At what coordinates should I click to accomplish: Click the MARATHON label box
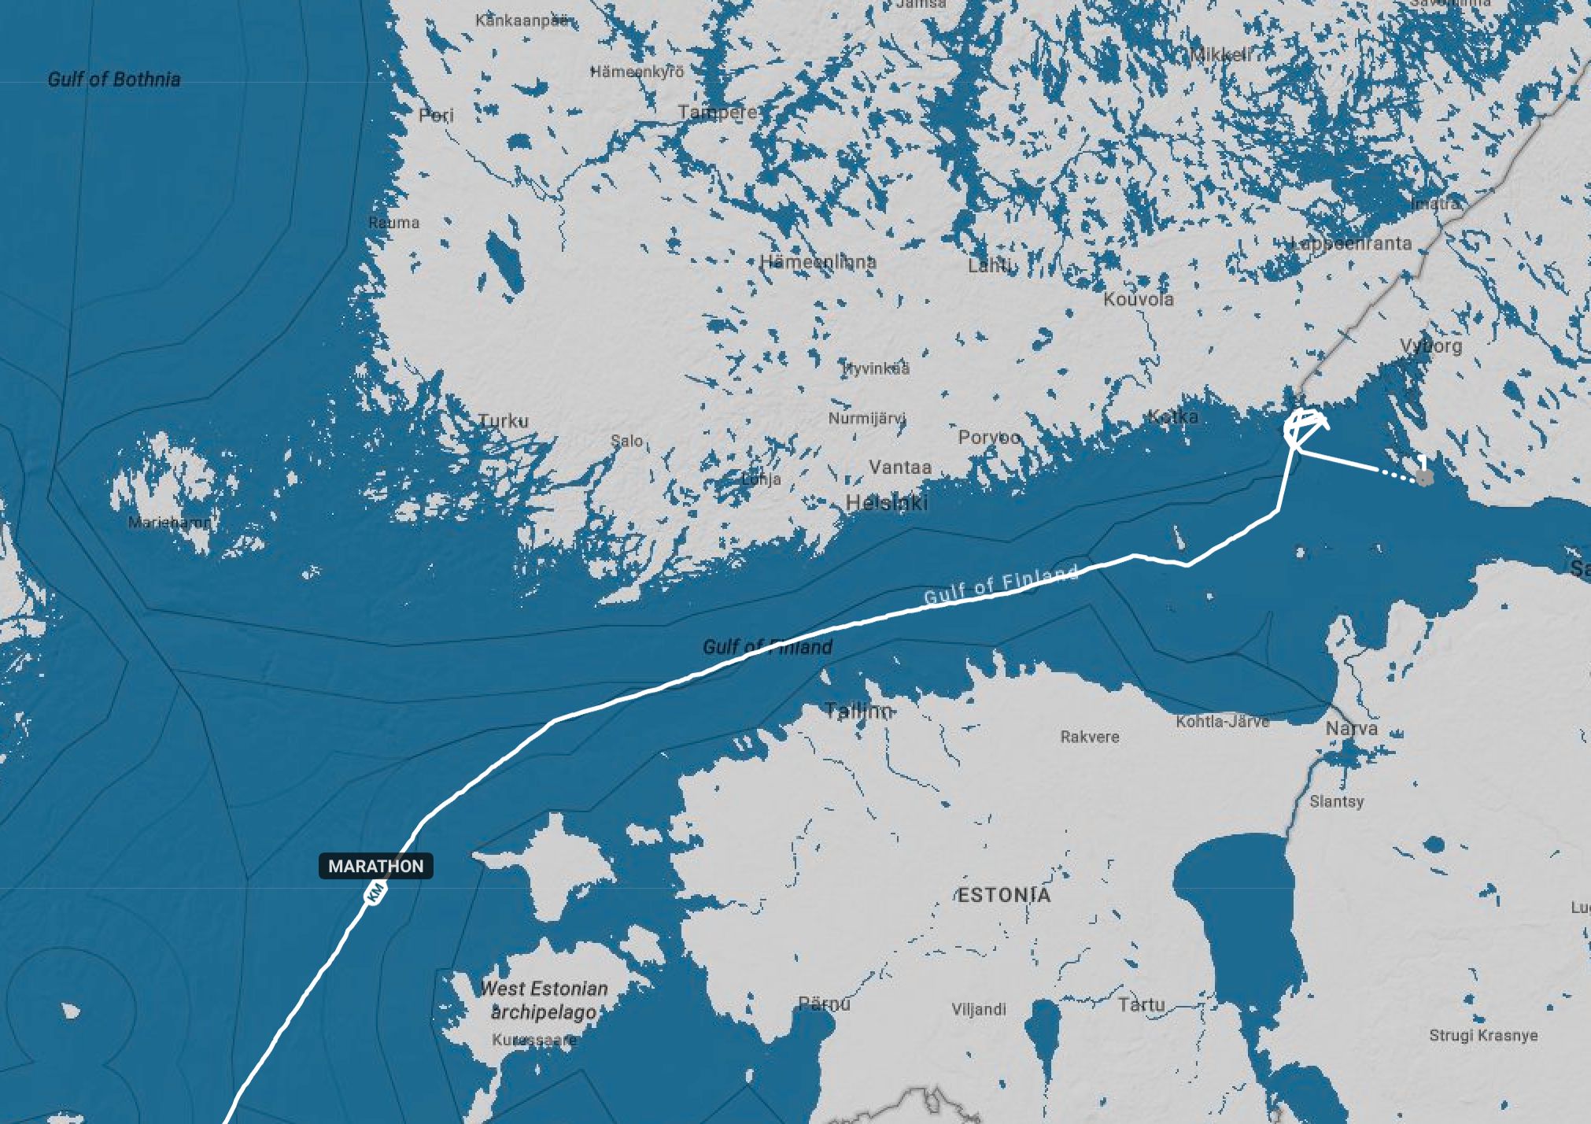(375, 866)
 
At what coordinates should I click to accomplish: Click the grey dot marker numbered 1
(1423, 477)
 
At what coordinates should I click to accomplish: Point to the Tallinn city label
(858, 712)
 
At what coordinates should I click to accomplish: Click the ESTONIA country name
(1004, 895)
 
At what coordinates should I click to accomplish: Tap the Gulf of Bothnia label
(114, 79)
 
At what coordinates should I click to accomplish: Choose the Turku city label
(504, 421)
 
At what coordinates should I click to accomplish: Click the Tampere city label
(717, 113)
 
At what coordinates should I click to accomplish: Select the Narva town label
(1352, 729)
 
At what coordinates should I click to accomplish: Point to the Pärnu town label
(825, 1004)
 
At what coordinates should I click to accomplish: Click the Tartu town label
(1141, 1004)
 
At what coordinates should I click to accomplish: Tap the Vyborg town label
(1431, 346)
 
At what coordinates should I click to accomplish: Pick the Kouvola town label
(1139, 299)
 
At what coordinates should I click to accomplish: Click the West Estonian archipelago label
(544, 1000)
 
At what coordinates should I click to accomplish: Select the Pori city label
(436, 116)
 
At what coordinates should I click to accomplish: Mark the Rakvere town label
(1090, 737)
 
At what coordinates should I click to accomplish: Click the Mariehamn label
(171, 522)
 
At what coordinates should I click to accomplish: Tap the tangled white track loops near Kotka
(1303, 427)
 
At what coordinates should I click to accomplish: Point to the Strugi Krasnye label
(1483, 1035)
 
